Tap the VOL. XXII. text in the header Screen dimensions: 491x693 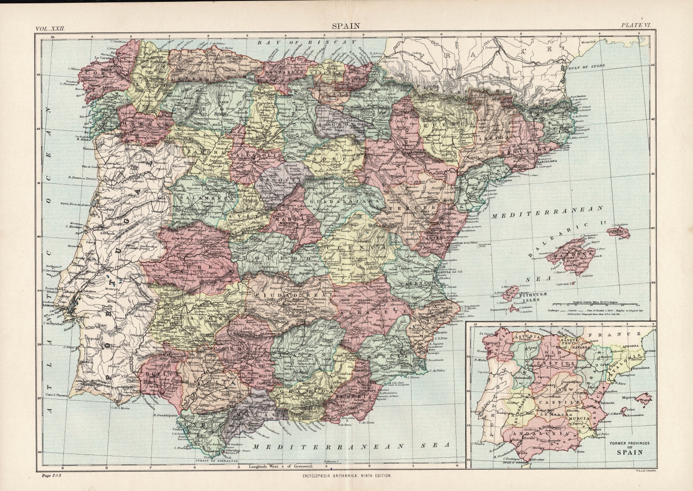coord(50,28)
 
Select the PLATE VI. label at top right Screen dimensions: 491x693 coord(635,26)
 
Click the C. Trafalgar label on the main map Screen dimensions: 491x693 coord(183,448)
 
